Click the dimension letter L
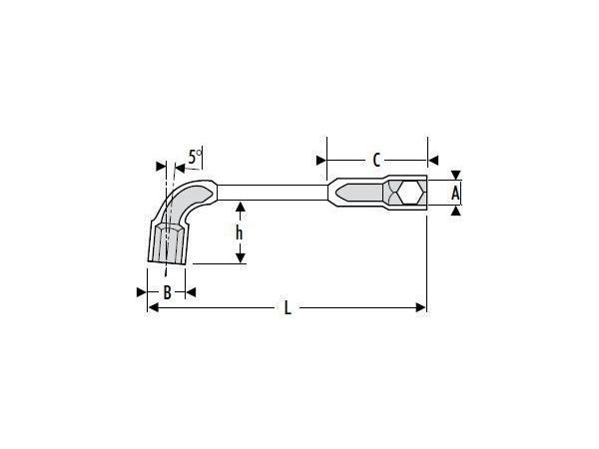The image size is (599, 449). [288, 307]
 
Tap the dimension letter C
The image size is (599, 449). [376, 161]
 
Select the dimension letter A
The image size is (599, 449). [455, 194]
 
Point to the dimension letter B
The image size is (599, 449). [167, 292]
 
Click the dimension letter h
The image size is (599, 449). [240, 232]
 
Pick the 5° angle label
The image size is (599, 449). [195, 157]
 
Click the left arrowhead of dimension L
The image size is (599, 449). [154, 307]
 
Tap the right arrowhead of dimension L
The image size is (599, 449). [420, 307]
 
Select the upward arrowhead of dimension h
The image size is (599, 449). [241, 208]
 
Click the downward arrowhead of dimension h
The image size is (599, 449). [241, 258]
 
